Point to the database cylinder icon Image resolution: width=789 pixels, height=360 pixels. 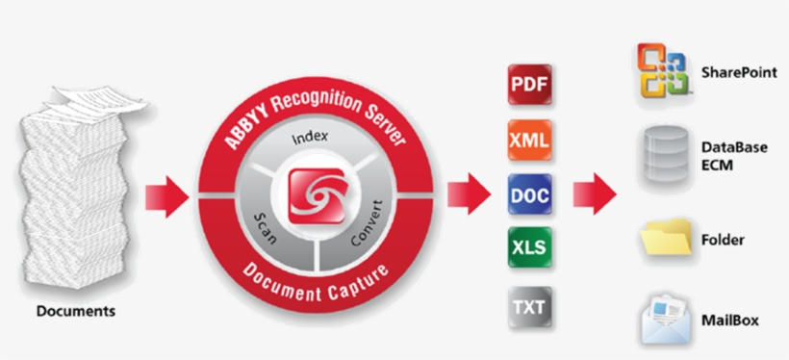[665, 152]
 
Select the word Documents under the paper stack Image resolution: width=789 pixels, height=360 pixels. [76, 312]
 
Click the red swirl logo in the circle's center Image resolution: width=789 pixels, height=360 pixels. [316, 192]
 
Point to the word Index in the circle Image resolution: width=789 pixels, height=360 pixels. [309, 137]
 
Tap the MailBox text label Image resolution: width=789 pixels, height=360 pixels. [729, 319]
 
